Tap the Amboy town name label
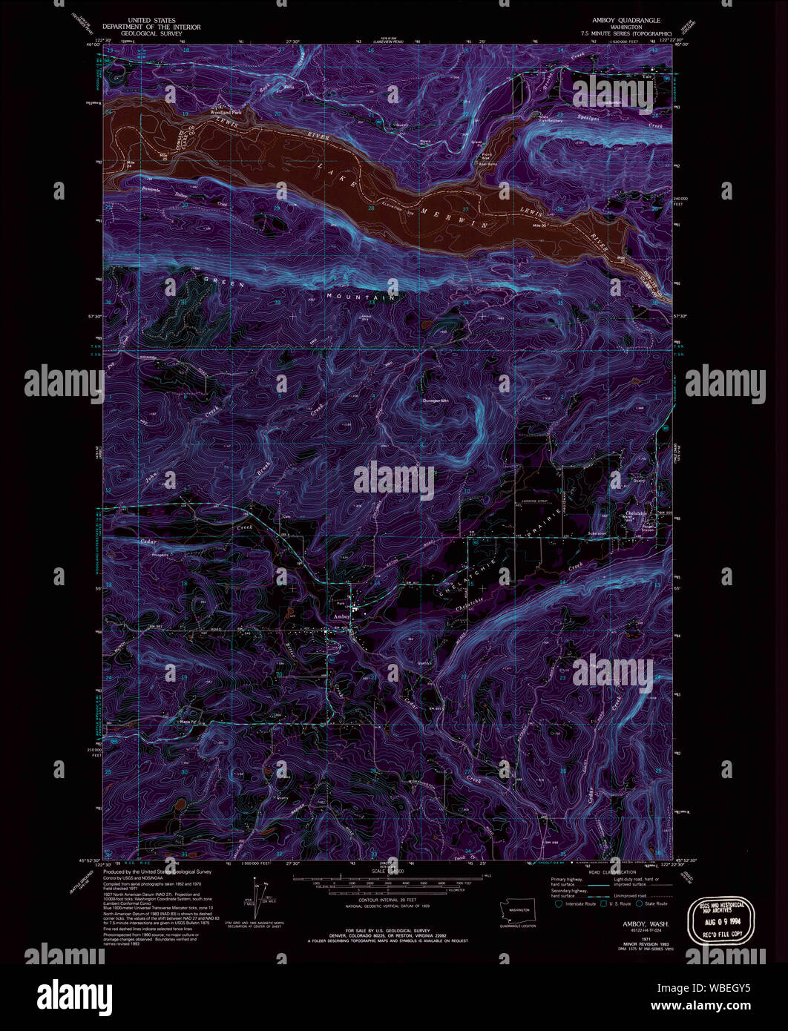click(x=342, y=616)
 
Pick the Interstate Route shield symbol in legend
click(x=557, y=903)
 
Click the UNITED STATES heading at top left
click(x=153, y=20)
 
